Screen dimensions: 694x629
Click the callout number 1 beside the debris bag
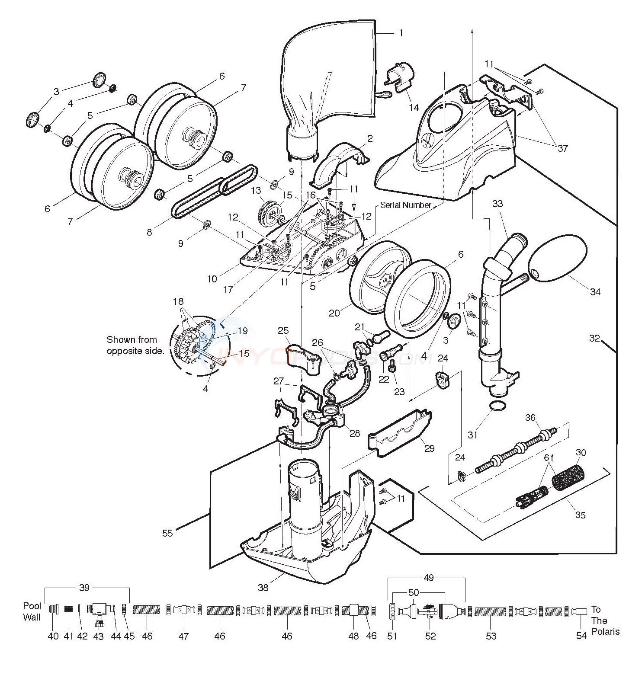click(x=401, y=33)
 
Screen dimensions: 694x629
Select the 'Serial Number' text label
click(x=405, y=205)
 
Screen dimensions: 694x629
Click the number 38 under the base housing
click(x=263, y=587)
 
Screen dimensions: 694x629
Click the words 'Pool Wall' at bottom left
click(x=32, y=612)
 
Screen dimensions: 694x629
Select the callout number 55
click(x=167, y=533)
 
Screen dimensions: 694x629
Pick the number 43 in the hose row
click(x=99, y=636)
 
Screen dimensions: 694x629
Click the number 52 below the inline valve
click(x=430, y=636)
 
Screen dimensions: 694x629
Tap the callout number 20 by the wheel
click(x=334, y=313)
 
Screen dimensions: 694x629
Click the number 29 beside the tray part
click(x=429, y=448)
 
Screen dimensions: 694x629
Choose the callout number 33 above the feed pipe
click(x=497, y=203)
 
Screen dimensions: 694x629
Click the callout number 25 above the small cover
click(x=283, y=331)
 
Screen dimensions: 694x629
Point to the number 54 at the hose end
click(x=581, y=636)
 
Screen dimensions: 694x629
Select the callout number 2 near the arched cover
click(x=370, y=138)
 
